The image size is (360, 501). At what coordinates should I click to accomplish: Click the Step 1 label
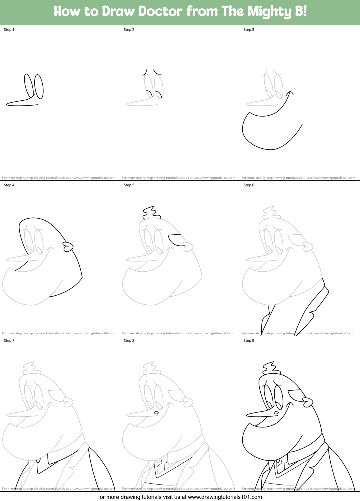(9, 30)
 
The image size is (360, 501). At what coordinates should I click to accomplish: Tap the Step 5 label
(129, 185)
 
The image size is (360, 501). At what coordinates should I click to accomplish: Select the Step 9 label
(249, 341)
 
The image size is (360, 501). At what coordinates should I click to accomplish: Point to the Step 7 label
(9, 341)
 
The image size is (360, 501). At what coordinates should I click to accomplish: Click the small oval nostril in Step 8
(157, 413)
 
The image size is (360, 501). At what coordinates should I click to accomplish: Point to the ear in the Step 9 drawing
(308, 402)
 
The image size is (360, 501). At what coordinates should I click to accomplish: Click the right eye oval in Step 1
(39, 86)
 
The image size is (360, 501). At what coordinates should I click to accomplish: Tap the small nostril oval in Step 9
(276, 413)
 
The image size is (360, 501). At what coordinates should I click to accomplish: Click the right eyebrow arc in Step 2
(158, 73)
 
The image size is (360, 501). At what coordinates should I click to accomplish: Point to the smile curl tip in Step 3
(291, 92)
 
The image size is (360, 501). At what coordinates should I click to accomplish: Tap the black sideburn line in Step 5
(174, 240)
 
